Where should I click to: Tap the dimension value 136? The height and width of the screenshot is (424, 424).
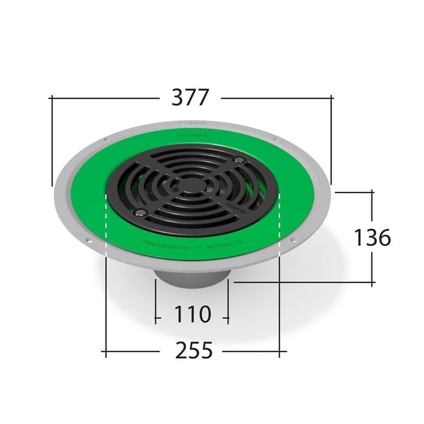tap(372, 237)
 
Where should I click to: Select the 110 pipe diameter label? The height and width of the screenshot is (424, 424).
tap(191, 315)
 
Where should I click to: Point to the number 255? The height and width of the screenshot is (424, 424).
tap(192, 350)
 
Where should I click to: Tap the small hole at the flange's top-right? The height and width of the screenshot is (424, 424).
tap(275, 140)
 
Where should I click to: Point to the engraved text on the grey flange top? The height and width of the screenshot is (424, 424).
tap(191, 124)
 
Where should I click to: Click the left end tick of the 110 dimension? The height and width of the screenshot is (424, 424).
tap(155, 319)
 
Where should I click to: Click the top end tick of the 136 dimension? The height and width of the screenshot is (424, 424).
tap(372, 192)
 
